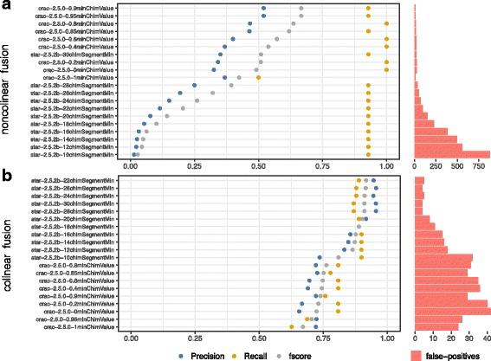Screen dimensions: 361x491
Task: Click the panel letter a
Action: (x=6, y=7)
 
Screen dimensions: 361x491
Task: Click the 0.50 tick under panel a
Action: (x=258, y=165)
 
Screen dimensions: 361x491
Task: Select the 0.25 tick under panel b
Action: (x=195, y=337)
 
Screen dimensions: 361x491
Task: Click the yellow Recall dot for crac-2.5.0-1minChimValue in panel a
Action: (x=258, y=78)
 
